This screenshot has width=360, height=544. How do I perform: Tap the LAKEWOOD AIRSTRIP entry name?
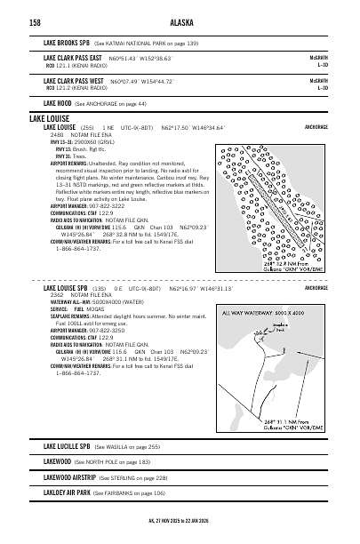click(68, 476)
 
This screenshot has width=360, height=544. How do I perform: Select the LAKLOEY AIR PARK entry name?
click(67, 492)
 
